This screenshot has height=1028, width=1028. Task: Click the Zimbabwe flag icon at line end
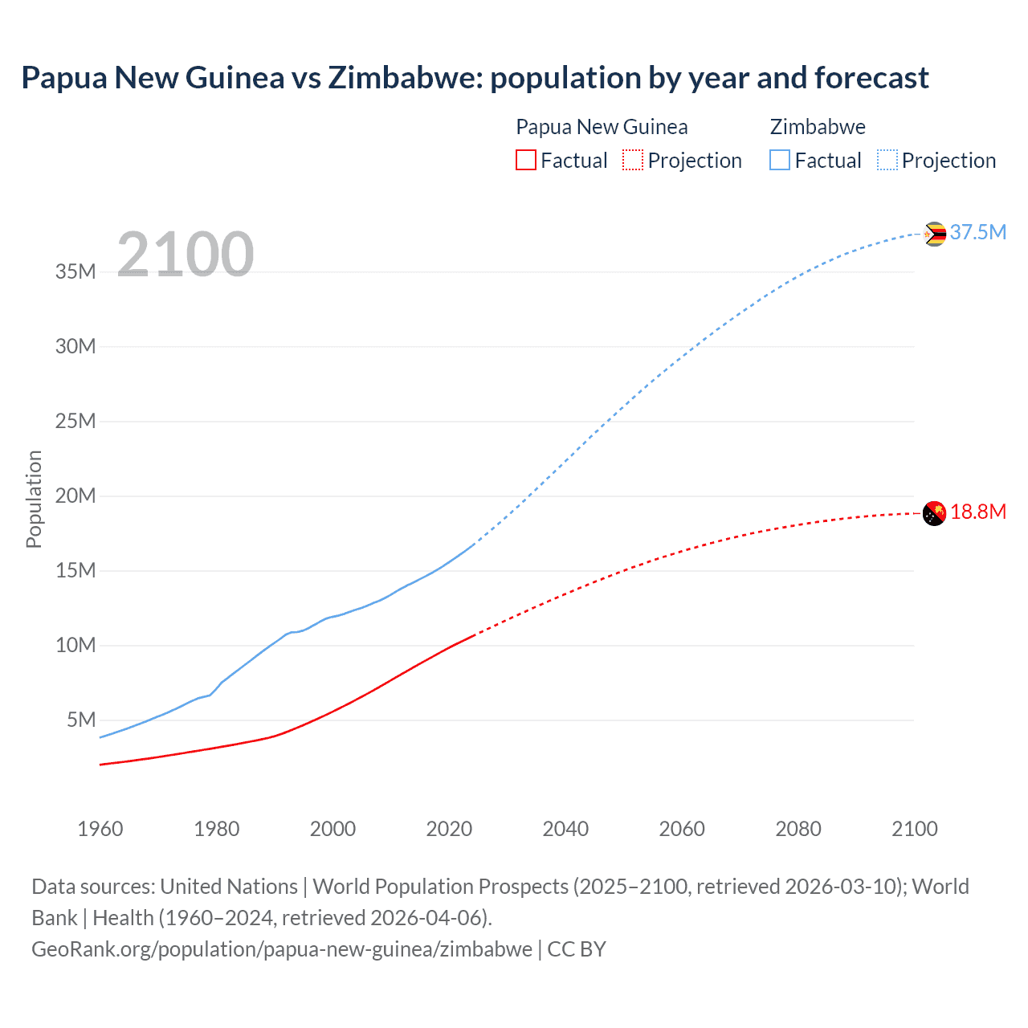pyautogui.click(x=934, y=234)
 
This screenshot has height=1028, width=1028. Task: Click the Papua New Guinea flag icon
pyautogui.click(x=934, y=512)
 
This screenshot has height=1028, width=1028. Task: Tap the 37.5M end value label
pyautogui.click(x=977, y=232)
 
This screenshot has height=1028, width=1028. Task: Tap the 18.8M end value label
pyautogui.click(x=977, y=512)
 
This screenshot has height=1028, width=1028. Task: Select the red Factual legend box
pyautogui.click(x=525, y=160)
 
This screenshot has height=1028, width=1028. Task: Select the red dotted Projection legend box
pyautogui.click(x=633, y=160)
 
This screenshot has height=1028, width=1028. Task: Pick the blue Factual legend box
pyautogui.click(x=779, y=160)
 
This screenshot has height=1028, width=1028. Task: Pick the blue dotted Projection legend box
pyautogui.click(x=887, y=160)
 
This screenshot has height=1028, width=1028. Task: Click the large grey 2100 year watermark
pyautogui.click(x=186, y=255)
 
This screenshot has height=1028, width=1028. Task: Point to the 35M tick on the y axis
pyautogui.click(x=75, y=271)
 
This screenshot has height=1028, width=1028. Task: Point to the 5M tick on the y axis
pyautogui.click(x=81, y=720)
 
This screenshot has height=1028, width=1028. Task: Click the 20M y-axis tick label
pyautogui.click(x=75, y=496)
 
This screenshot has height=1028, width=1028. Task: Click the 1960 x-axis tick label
pyautogui.click(x=100, y=828)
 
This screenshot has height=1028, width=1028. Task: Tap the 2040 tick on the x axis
pyautogui.click(x=565, y=828)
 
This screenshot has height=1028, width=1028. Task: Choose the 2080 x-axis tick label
pyautogui.click(x=798, y=828)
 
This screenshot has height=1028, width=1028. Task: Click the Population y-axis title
pyautogui.click(x=34, y=499)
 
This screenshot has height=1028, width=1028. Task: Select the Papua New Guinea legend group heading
pyautogui.click(x=602, y=127)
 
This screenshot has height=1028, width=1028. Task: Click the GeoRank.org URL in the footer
pyautogui.click(x=281, y=948)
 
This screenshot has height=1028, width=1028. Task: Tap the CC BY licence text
pyautogui.click(x=577, y=948)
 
